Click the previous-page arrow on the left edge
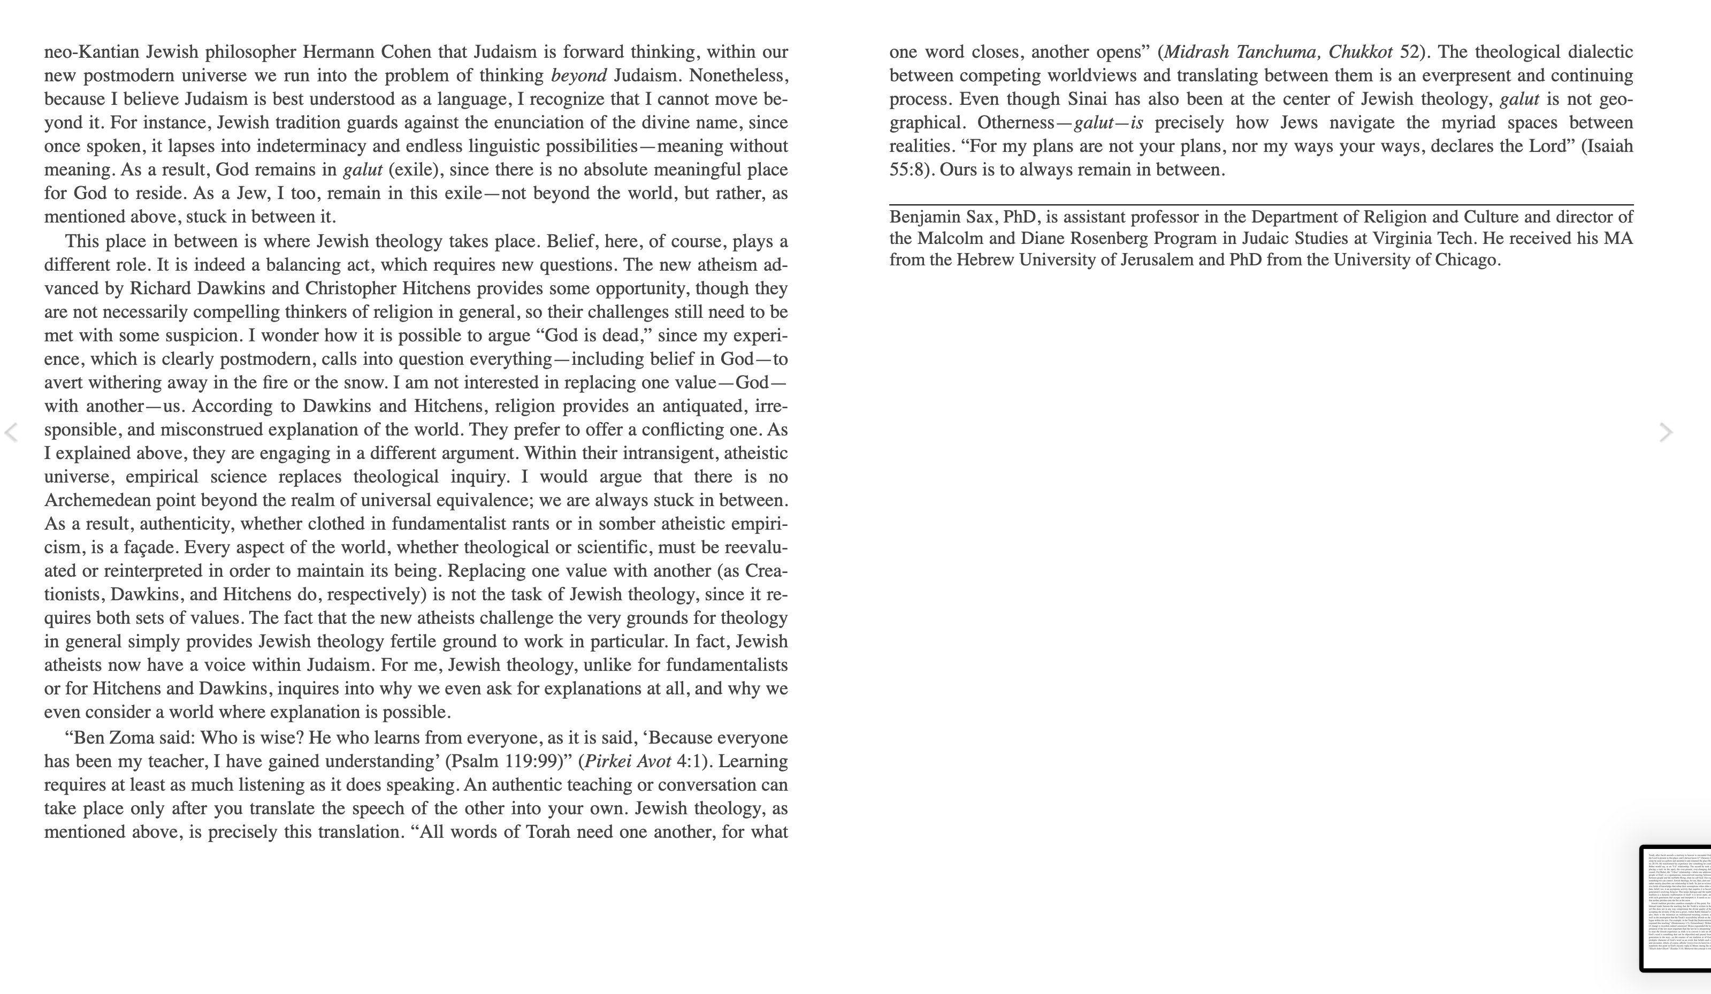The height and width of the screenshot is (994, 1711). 11,432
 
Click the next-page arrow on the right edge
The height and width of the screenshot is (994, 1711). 1666,432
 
